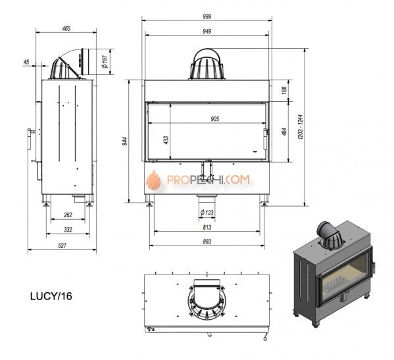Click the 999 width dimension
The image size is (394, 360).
[207, 17]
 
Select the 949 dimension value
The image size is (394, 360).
[207, 32]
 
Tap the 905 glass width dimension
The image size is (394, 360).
[215, 119]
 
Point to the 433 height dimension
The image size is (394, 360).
[166, 140]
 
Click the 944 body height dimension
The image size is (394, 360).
[125, 141]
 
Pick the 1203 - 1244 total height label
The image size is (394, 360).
[301, 127]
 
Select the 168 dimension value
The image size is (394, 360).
[284, 90]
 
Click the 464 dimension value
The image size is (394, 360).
[284, 132]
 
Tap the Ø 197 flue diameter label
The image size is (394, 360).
[105, 62]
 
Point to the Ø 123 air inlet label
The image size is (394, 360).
[207, 213]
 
